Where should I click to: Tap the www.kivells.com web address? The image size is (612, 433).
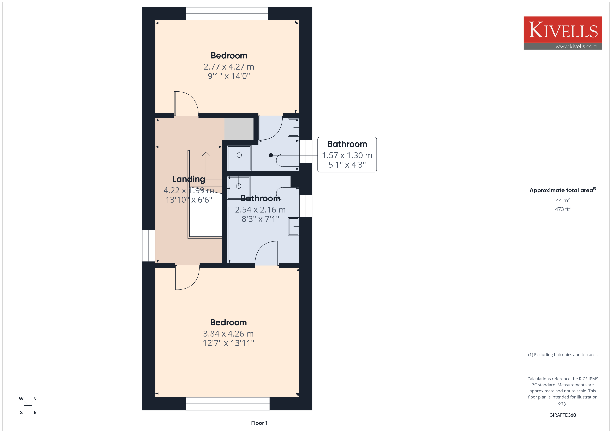(x=576, y=46)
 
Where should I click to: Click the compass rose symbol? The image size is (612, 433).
(x=28, y=406)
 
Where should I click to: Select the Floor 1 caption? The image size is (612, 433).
(x=259, y=423)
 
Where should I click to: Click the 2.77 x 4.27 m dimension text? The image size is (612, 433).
(x=229, y=67)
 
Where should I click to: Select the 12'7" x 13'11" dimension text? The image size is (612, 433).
(x=228, y=343)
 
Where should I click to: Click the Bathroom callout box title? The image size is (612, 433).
(x=347, y=144)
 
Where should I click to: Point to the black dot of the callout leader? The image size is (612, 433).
(x=271, y=155)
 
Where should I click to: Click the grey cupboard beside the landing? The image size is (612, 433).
(x=239, y=129)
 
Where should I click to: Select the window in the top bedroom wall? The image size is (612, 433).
(x=227, y=14)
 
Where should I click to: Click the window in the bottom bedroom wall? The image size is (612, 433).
(x=227, y=404)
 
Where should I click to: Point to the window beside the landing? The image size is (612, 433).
(x=148, y=246)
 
